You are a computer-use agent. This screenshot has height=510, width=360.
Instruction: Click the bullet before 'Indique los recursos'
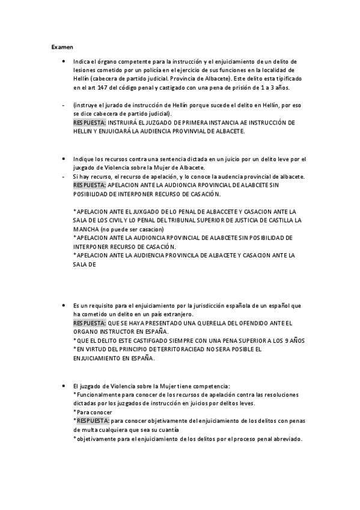click(64, 159)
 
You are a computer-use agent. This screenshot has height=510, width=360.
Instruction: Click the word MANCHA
click(85, 229)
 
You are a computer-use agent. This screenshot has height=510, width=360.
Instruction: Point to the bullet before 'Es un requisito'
click(64, 306)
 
